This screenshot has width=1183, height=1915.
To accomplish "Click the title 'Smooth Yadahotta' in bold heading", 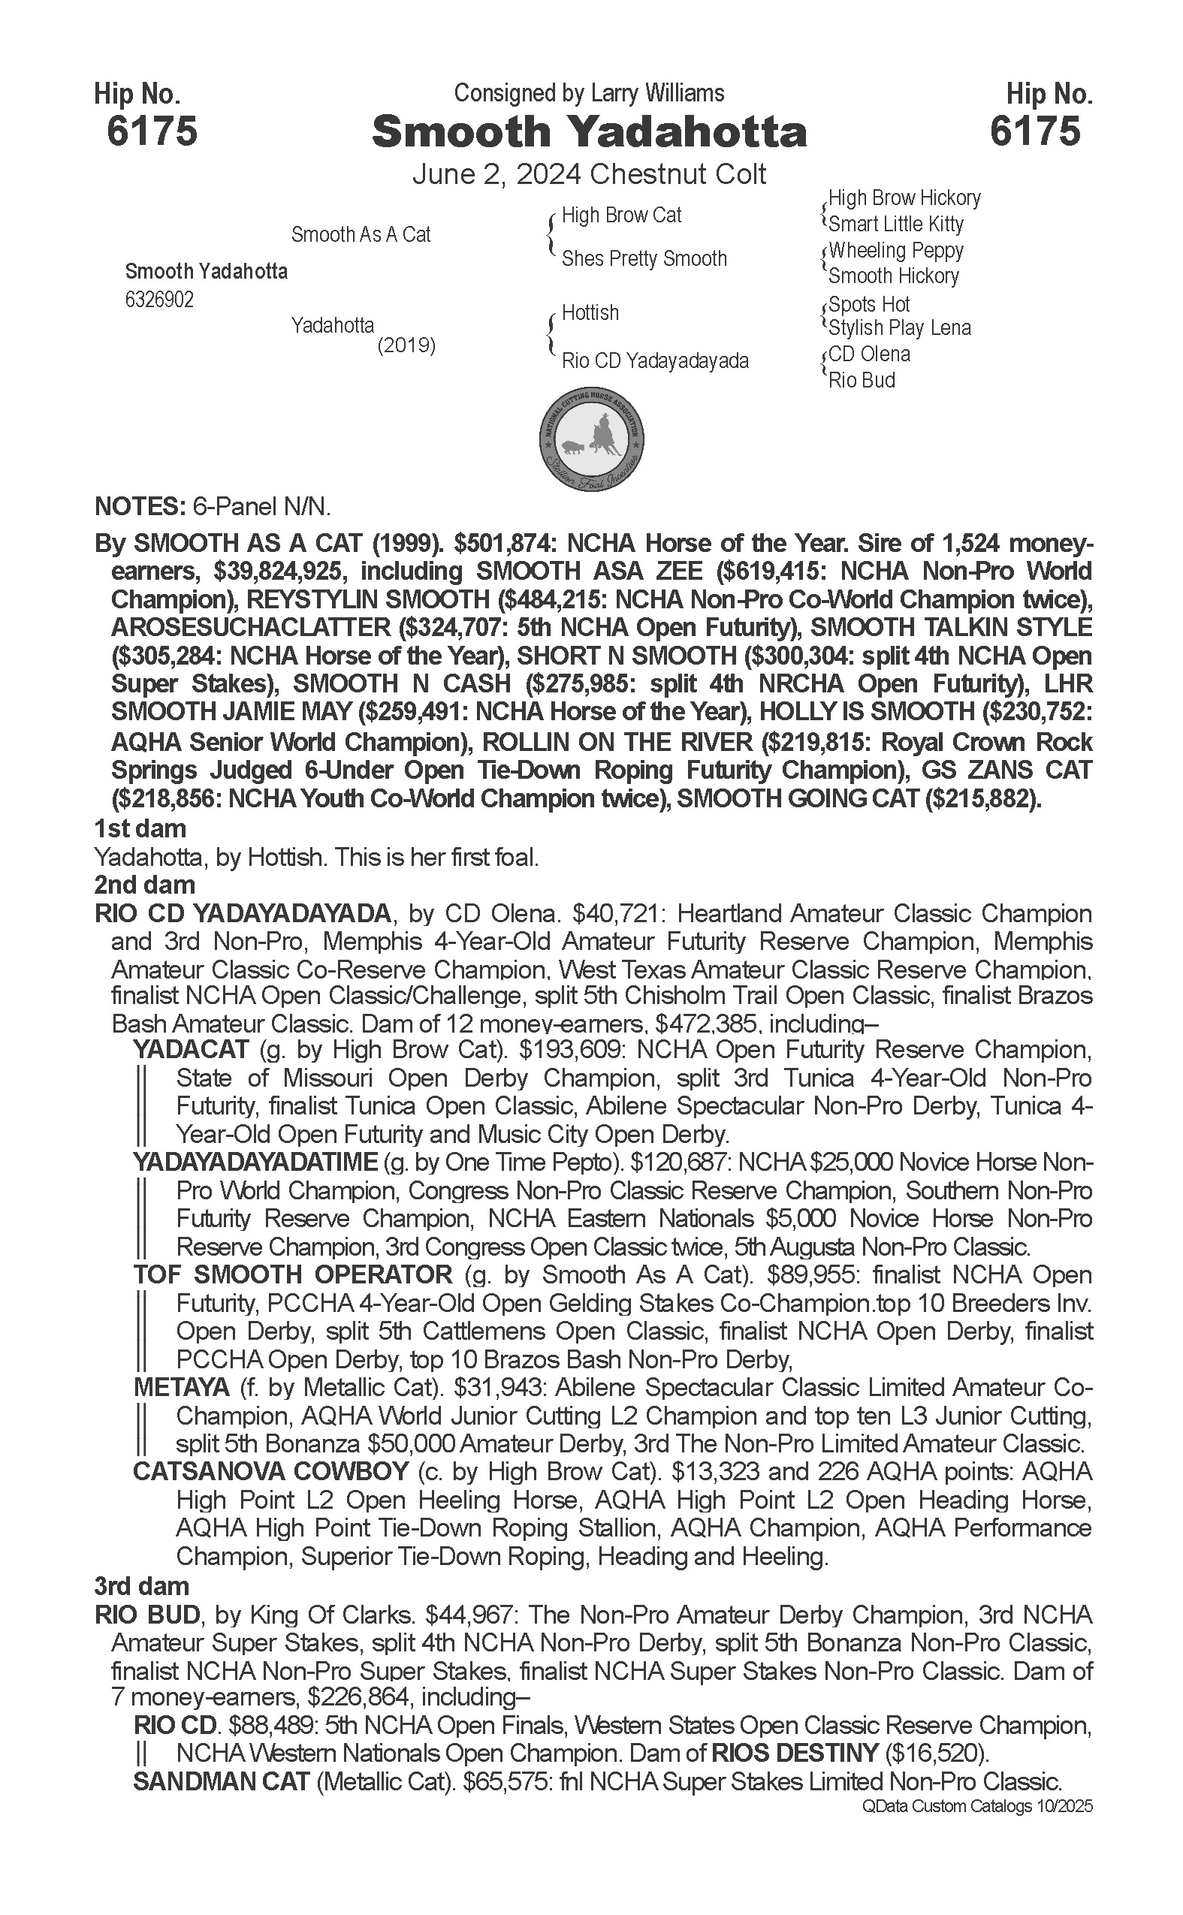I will coord(588,131).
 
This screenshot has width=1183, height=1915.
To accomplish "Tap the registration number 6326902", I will coord(158,300).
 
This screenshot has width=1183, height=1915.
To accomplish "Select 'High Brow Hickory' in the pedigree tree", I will coord(904,198).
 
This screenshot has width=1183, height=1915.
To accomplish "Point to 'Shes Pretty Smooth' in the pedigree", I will coord(644,259).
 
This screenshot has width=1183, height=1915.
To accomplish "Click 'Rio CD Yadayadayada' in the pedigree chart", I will coord(655,361).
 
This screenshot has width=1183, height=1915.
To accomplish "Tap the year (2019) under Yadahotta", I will coord(406,345).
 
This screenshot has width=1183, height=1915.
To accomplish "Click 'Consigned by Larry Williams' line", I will coord(588,93).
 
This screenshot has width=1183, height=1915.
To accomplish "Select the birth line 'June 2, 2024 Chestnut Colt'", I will coord(588,173).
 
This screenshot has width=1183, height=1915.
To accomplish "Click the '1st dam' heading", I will coord(140,828).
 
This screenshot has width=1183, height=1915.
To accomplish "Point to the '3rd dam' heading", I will coord(142,1585).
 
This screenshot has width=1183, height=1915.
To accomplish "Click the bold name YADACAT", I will coord(191,1050).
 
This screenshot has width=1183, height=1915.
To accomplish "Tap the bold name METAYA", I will coord(182,1388).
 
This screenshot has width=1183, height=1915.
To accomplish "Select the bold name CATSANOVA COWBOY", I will coord(270,1471).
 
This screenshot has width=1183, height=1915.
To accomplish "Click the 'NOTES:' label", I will coord(139,507).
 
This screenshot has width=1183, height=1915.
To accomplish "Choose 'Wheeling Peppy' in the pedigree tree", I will coord(896,251).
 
